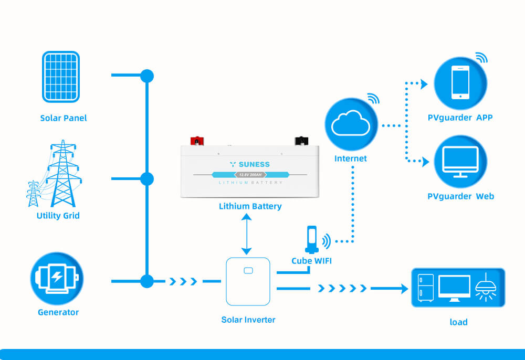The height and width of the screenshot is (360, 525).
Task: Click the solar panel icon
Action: coord(60,77)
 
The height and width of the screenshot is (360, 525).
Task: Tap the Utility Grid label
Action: coord(58,216)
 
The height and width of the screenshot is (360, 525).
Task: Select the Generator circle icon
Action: coord(57,279)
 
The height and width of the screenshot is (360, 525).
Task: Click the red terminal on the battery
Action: coord(197,141)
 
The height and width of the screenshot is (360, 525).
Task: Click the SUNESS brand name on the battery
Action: coord(254,164)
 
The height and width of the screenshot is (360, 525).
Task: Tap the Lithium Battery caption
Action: coord(250,206)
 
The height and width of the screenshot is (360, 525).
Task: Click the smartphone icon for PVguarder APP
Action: coord(460,83)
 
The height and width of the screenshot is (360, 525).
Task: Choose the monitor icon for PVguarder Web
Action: coord(460,161)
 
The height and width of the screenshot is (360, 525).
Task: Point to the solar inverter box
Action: coord(248,281)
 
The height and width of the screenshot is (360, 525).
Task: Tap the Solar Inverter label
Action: coord(248,320)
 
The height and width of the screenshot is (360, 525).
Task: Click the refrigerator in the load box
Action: coord(425,288)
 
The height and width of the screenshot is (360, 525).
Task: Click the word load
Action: coord(458,322)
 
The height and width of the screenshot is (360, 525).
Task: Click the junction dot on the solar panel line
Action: coord(147,76)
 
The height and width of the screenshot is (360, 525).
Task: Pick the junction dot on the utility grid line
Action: coord(147,179)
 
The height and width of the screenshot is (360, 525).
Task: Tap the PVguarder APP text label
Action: coord(460,118)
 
